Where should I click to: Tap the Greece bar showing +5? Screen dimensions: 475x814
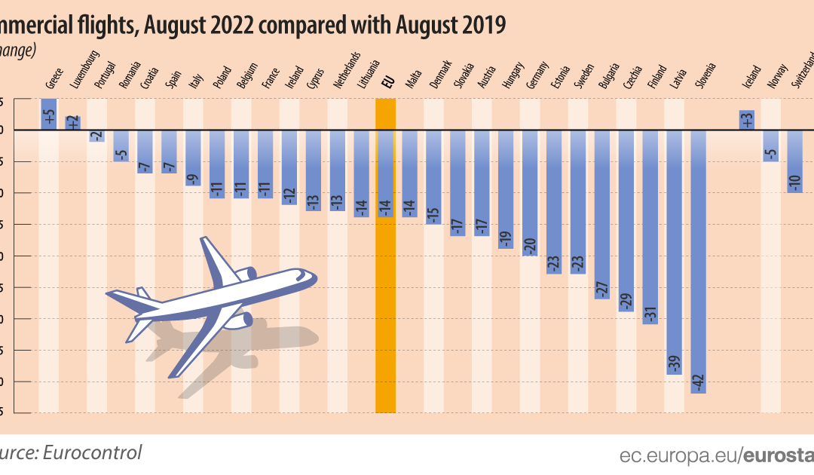pyautogui.click(x=48, y=114)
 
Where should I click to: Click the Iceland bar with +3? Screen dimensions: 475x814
pyautogui.click(x=747, y=120)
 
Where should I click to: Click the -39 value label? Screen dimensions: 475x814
pyautogui.click(x=675, y=363)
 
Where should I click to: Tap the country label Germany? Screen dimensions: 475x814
pyautogui.click(x=537, y=74)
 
